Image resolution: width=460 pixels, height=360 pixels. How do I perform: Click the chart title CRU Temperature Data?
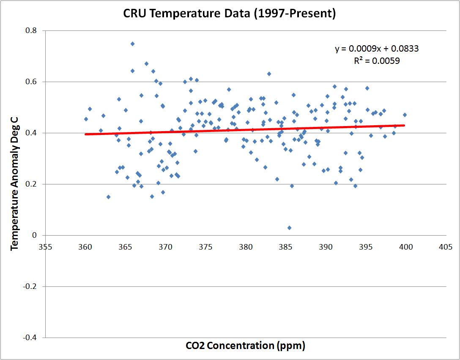230,14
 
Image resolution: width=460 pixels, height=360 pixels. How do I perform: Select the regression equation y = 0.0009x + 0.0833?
377,49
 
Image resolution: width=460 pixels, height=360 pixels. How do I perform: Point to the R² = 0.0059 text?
377,61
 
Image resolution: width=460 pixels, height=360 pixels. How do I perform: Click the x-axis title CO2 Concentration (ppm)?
245,346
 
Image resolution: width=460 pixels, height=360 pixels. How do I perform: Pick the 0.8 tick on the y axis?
32,31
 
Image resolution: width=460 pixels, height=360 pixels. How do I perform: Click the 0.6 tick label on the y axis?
32,82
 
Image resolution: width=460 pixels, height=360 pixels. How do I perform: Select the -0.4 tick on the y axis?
30,338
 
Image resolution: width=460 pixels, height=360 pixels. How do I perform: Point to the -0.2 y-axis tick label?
30,286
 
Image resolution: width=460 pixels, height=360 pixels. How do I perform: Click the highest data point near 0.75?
132,44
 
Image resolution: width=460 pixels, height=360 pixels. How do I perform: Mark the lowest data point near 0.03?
289,228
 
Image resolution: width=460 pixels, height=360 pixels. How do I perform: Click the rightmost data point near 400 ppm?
405,115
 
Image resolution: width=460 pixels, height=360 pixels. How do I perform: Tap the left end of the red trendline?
86,134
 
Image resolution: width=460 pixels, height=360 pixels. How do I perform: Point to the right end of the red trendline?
405,125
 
